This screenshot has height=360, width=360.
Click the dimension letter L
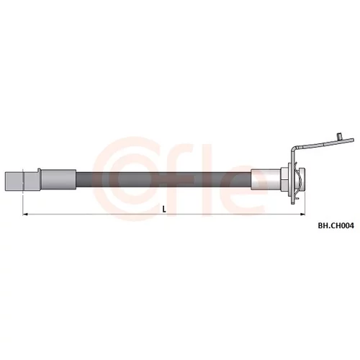pos(164,210)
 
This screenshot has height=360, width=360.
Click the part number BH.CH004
pos(336,225)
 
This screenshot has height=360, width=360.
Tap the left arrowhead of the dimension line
pos(25,214)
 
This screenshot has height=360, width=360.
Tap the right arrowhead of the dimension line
pos(302,214)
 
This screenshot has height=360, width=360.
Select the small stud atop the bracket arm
pos(339,136)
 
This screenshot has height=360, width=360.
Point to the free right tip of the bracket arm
pos(353,140)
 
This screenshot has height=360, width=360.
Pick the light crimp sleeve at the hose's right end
pos(266,180)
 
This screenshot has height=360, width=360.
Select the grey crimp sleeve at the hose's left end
pos(59,180)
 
